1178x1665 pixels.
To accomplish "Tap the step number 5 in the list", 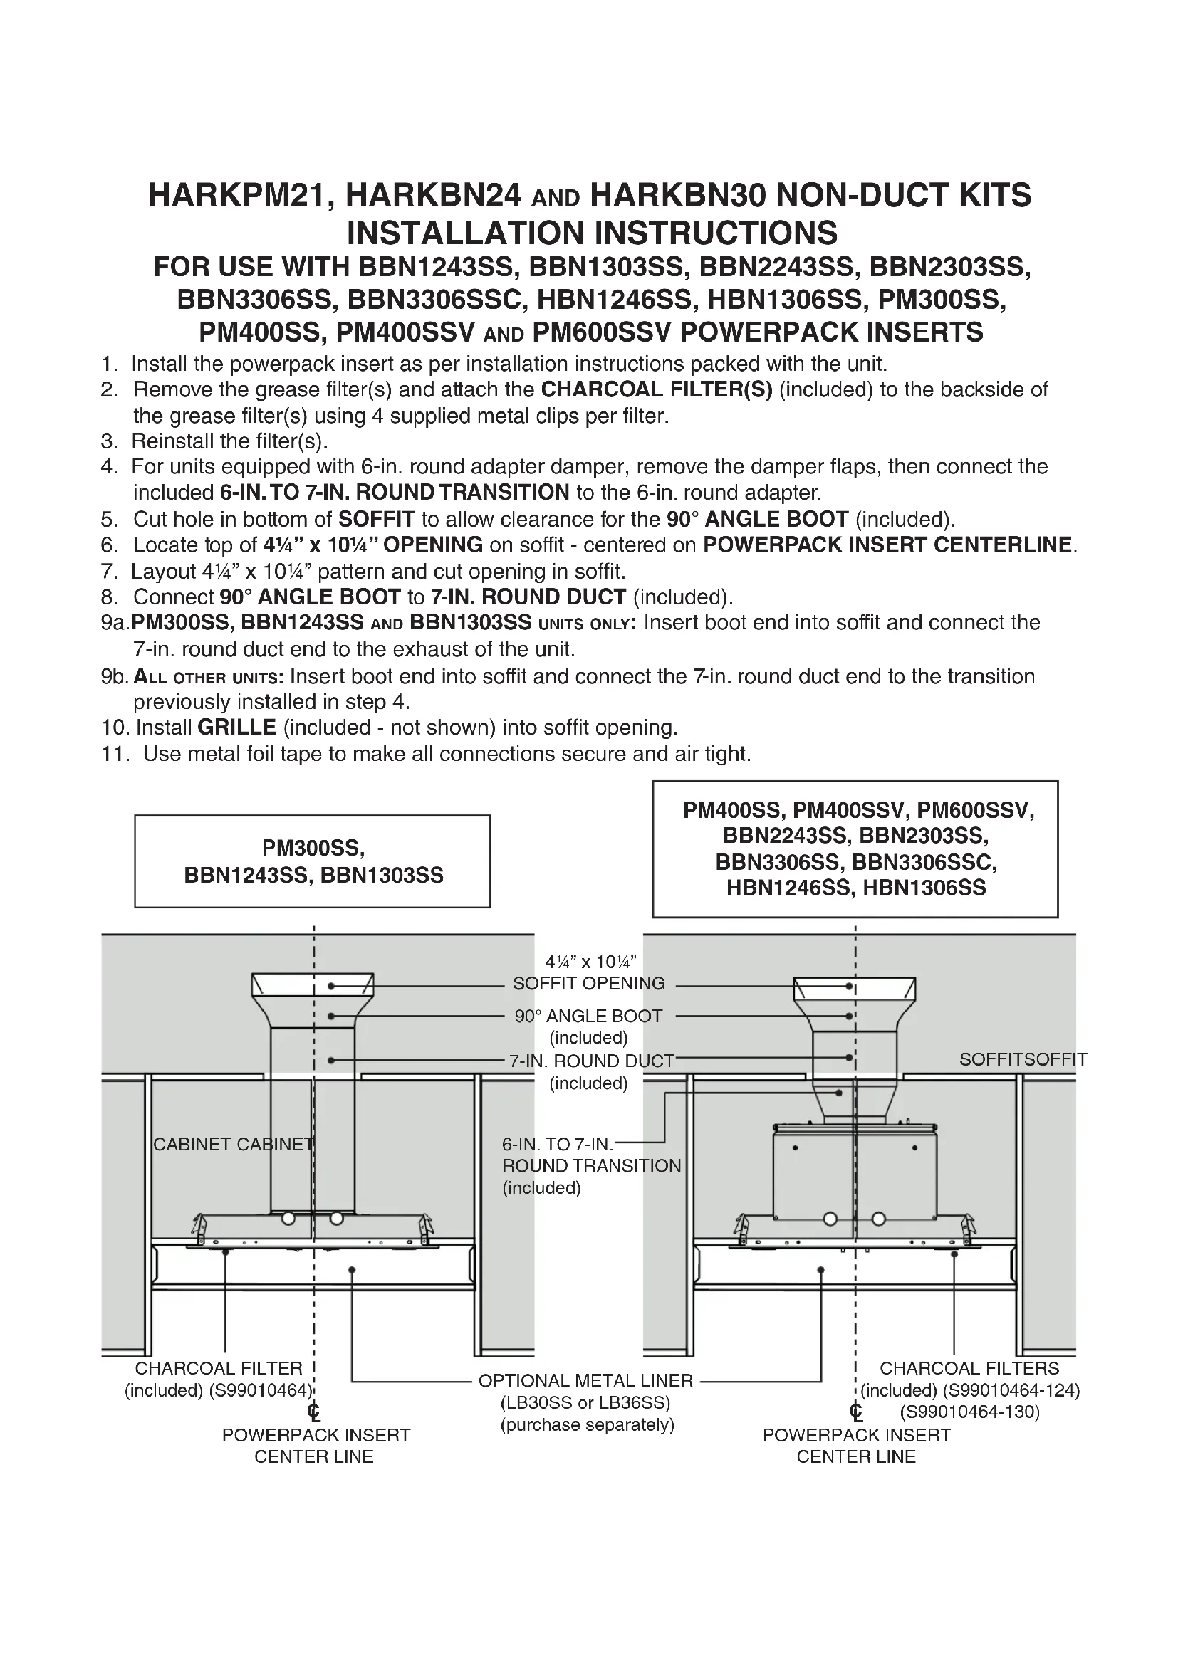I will coord(109,519).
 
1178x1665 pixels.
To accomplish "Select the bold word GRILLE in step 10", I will coord(236,728).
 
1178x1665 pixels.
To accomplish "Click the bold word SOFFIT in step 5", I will coord(377,519).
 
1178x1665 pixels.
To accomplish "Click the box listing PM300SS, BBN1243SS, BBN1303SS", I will coord(313,861).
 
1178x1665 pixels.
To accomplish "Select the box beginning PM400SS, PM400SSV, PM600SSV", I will coord(855,849).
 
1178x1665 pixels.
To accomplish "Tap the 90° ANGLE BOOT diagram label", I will coord(588,1017).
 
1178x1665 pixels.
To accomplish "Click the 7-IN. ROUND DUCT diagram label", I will coord(591,1061).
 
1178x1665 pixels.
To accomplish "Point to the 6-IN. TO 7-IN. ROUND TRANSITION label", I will coord(591,1165).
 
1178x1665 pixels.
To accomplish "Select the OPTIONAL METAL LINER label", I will coord(586,1381).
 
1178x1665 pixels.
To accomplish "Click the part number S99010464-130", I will coord(970,1412).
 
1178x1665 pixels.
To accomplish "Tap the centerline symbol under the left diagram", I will coord(313,1412).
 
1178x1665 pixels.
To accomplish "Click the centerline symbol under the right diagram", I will coord(856,1412).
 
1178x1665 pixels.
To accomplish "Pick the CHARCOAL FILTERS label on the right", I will coord(969,1368).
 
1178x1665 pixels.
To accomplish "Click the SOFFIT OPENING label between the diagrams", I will coord(588,984).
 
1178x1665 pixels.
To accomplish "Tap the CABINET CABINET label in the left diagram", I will coord(233,1145).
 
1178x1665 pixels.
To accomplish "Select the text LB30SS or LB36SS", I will coord(585,1402).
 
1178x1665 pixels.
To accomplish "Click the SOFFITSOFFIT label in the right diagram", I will coord(1023,1059).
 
